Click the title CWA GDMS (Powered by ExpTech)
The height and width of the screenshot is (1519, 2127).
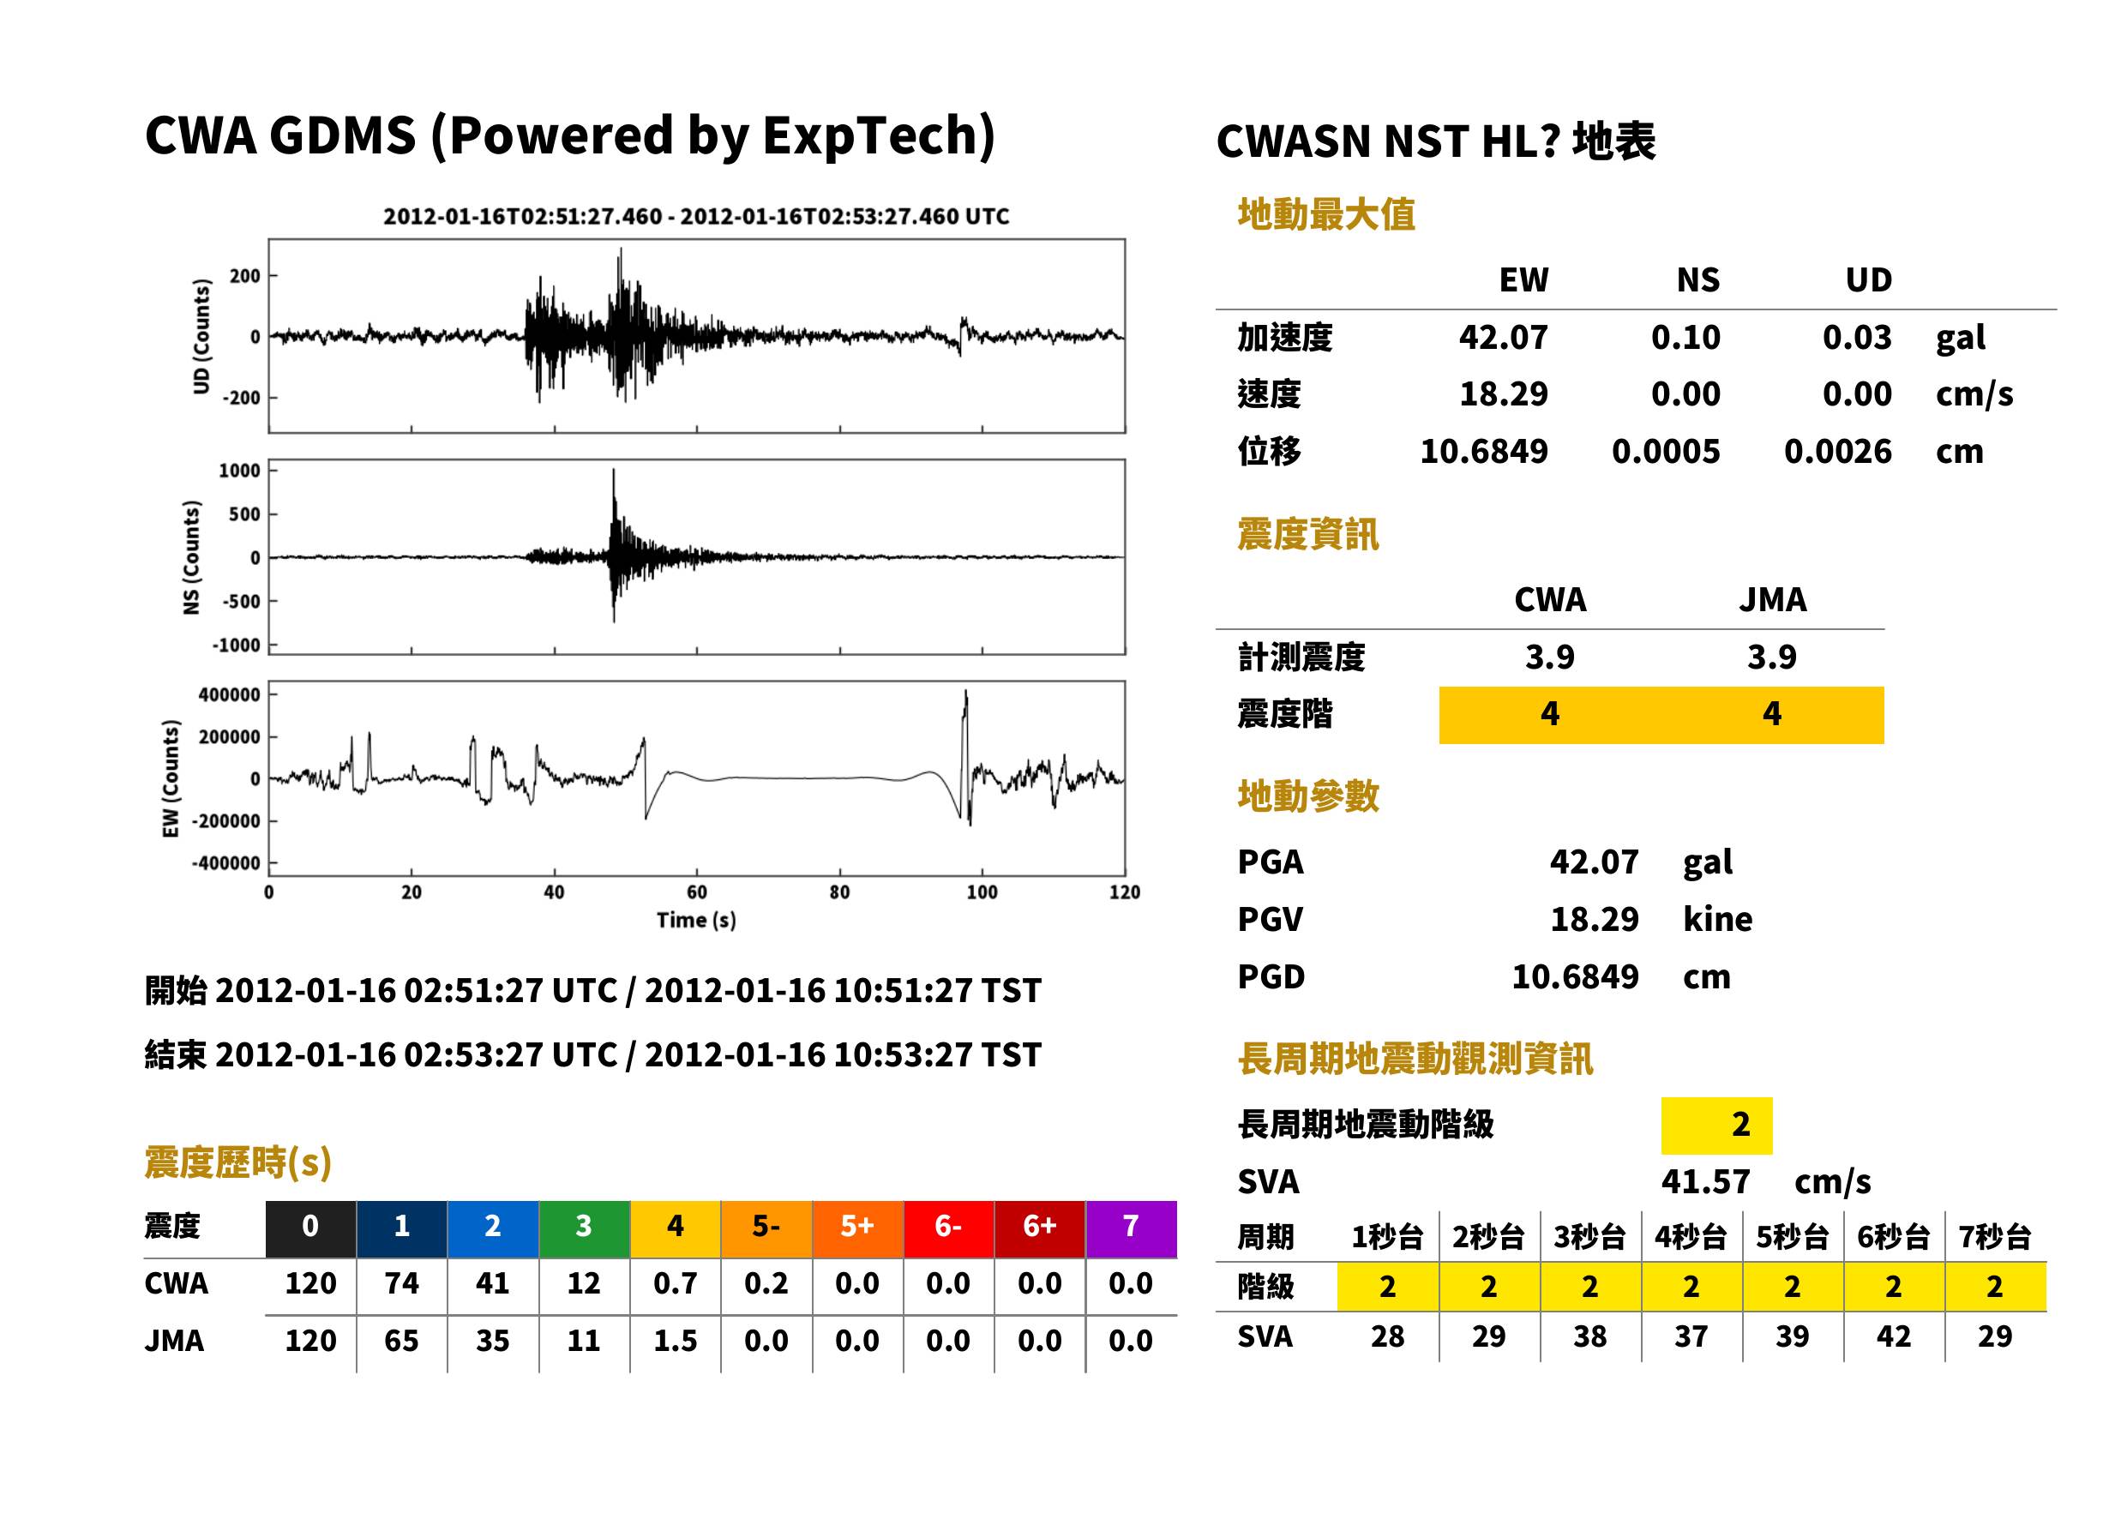point(569,136)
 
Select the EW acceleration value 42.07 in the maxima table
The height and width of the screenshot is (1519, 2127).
point(1503,337)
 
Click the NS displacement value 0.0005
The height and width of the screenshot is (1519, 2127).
point(1666,452)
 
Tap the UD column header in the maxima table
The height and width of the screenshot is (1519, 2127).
point(1868,279)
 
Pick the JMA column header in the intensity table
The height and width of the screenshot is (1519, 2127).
point(1773,599)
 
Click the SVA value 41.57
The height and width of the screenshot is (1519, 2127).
point(1705,1181)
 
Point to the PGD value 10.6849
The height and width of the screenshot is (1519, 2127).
point(1575,976)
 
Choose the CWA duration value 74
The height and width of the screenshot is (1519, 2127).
point(401,1283)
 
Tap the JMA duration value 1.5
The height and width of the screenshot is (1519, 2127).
point(676,1341)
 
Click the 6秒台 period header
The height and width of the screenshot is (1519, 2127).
point(1893,1236)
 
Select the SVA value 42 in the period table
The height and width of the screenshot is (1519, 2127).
point(1893,1336)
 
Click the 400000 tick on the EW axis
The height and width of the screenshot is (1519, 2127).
point(229,695)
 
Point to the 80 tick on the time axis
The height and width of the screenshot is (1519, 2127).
point(840,892)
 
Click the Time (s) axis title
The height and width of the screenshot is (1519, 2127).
point(696,921)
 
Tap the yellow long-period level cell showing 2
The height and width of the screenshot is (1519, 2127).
point(1716,1126)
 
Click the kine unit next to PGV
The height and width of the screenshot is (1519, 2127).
point(1717,920)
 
